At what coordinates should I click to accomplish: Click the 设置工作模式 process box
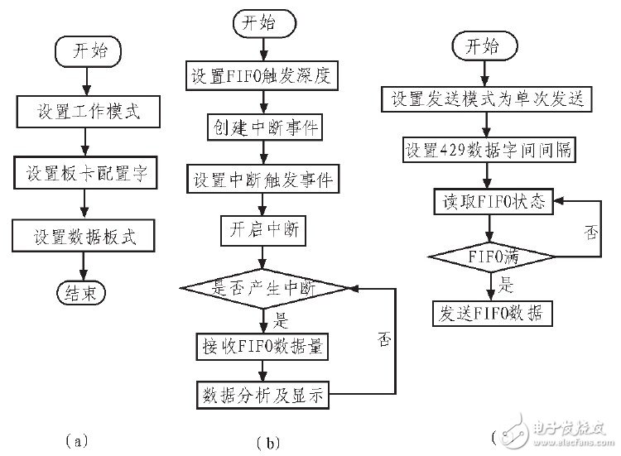[x=89, y=112]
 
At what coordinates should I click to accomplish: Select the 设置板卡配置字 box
[x=89, y=174]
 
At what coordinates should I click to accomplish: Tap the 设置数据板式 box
[x=89, y=238]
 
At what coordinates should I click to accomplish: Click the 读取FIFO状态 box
[x=492, y=201]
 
